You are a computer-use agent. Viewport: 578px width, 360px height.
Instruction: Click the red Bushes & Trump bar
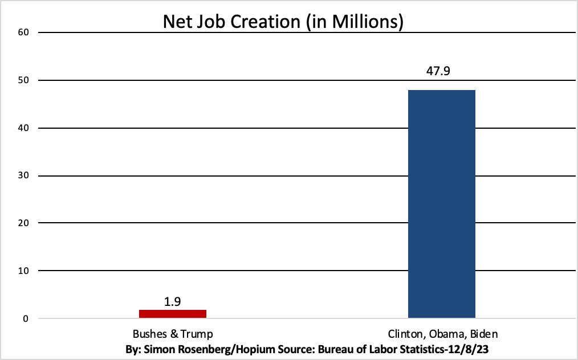coord(173,313)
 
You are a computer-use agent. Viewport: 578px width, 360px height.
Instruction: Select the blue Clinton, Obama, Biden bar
coord(442,203)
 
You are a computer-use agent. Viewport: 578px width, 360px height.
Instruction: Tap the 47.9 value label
coord(442,72)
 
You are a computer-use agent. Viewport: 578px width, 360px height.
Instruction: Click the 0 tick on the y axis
coord(26,318)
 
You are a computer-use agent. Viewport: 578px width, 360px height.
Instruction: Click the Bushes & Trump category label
coord(173,334)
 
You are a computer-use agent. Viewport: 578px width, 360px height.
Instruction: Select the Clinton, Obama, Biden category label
coord(442,334)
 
